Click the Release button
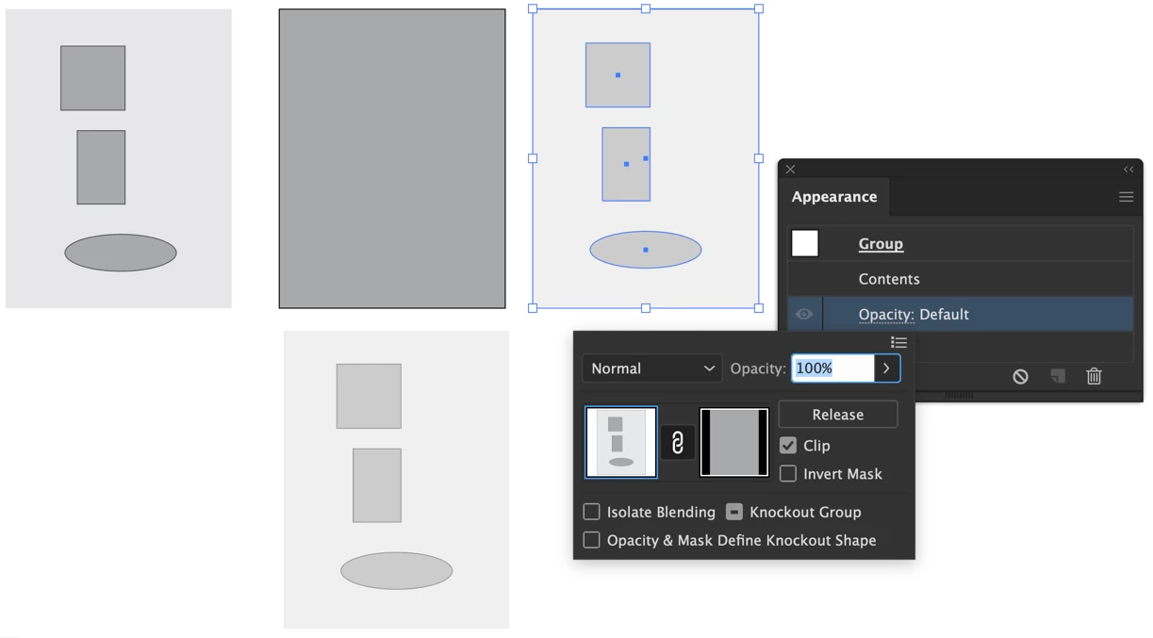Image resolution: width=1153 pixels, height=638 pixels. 838,415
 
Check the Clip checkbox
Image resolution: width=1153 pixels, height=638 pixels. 787,446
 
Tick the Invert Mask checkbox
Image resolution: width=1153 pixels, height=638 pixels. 787,473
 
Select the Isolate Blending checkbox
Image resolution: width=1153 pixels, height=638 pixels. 591,512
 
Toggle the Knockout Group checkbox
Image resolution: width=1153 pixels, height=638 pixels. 734,512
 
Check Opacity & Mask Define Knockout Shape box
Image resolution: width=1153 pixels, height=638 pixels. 591,540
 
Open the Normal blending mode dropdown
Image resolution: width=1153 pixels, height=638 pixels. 652,368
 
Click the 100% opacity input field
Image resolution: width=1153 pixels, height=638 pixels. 832,368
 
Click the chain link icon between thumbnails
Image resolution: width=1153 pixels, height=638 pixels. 678,443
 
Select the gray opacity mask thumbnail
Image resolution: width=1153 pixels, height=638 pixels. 734,443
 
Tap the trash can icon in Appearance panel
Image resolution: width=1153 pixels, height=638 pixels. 1094,376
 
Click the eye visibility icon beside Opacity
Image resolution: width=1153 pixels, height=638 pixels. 804,314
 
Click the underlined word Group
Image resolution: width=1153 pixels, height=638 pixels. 881,244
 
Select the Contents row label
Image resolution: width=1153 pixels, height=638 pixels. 889,279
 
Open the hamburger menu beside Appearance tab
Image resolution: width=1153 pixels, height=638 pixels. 1127,197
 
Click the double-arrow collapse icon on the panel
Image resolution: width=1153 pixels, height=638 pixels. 1128,170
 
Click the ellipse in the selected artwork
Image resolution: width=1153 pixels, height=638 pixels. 646,250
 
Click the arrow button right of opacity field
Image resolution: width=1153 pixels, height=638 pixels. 887,368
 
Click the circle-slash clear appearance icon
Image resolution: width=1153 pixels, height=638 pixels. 1020,377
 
